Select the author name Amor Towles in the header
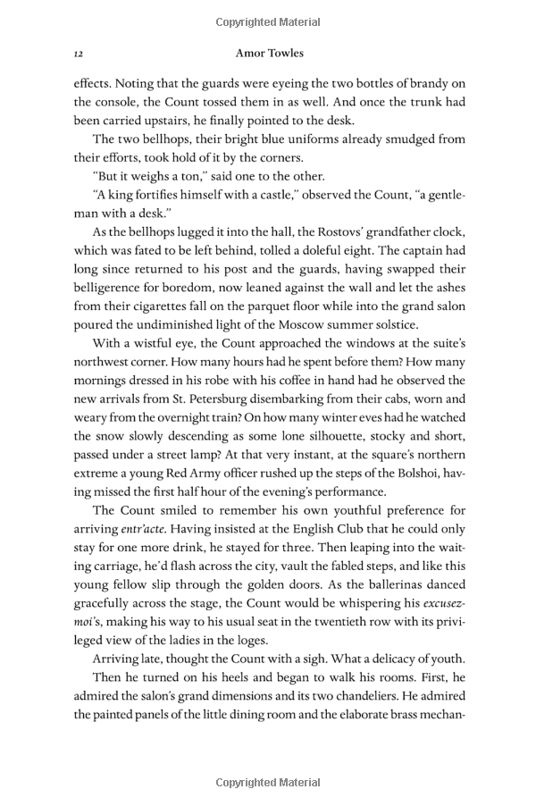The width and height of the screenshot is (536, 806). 268,54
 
